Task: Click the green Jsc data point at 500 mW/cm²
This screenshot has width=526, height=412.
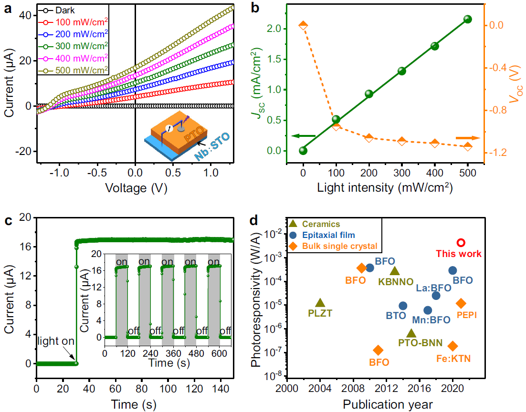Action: tap(467, 20)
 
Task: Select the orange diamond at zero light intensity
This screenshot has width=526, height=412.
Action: tap(303, 25)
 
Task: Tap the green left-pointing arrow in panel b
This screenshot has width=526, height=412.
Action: tap(303, 136)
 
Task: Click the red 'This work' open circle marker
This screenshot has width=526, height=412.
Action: tap(461, 243)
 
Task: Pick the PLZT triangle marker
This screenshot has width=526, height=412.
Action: tap(320, 303)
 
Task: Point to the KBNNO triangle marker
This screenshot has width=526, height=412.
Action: tap(395, 271)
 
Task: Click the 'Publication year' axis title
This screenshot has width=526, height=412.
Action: tap(387, 404)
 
